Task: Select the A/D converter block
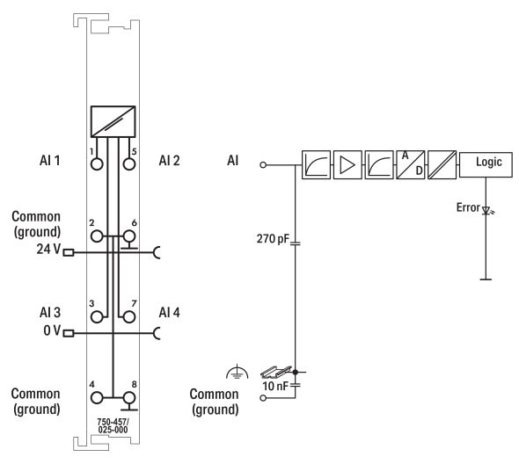(410, 163)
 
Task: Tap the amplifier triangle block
(347, 163)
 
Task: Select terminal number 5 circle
(130, 163)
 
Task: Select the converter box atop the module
(113, 120)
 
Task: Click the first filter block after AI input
(316, 163)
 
